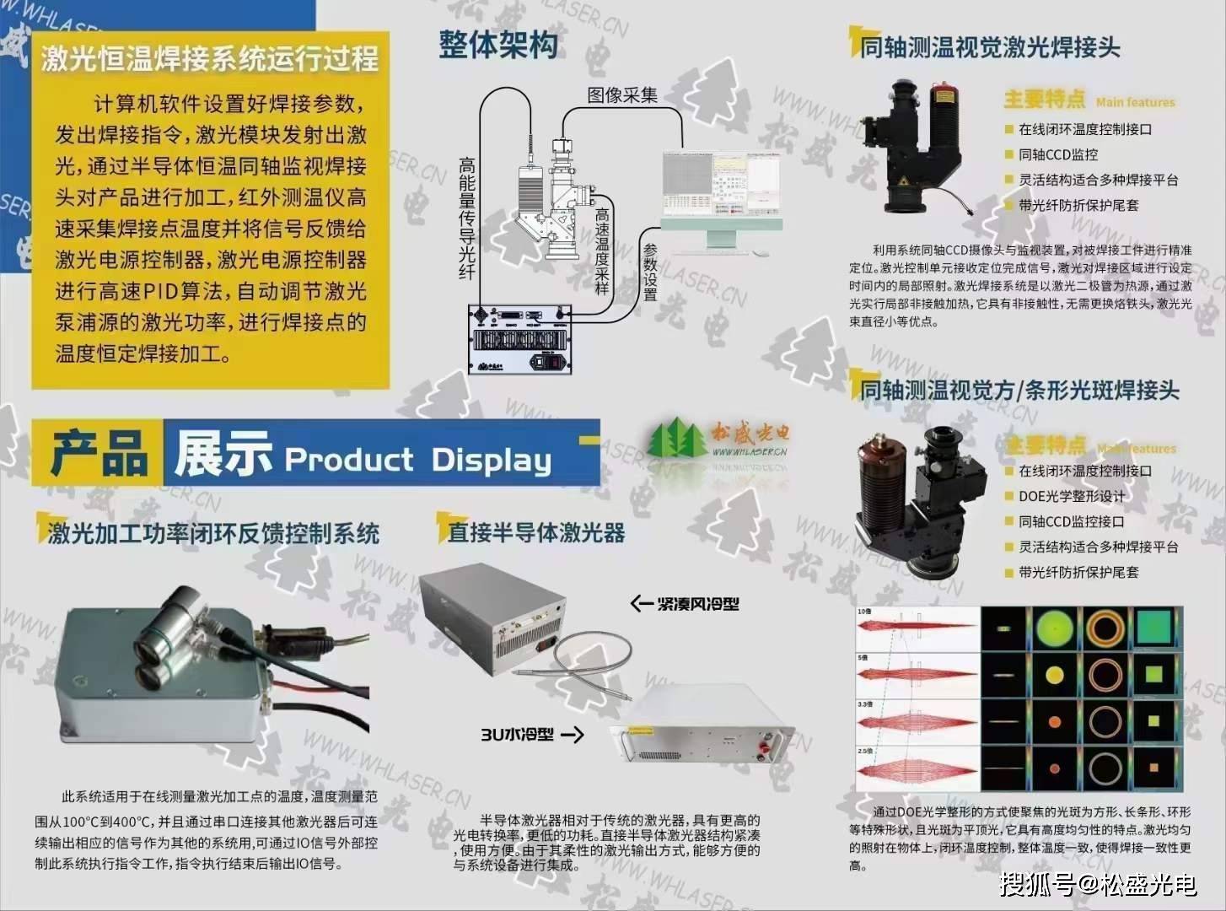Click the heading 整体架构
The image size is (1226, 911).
[x=498, y=45]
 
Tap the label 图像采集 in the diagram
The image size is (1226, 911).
[x=622, y=94]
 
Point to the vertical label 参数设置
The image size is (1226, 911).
[x=650, y=272]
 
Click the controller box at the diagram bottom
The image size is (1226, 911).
[x=519, y=338]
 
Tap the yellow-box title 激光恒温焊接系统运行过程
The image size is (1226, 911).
[x=210, y=58]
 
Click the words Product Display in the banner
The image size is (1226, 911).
[x=418, y=460]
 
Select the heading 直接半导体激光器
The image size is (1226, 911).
[x=536, y=532]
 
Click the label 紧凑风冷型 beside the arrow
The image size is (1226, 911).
[x=697, y=603]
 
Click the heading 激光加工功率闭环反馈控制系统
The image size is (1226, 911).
[x=213, y=533]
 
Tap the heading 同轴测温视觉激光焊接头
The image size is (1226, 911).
[x=990, y=47]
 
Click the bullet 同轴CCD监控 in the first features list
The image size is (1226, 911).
[x=1058, y=154]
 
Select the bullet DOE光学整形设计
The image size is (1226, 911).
[x=1071, y=496]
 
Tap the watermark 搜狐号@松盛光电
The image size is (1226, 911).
[x=1098, y=884]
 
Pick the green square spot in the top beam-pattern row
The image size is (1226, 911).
[x=1153, y=628]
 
